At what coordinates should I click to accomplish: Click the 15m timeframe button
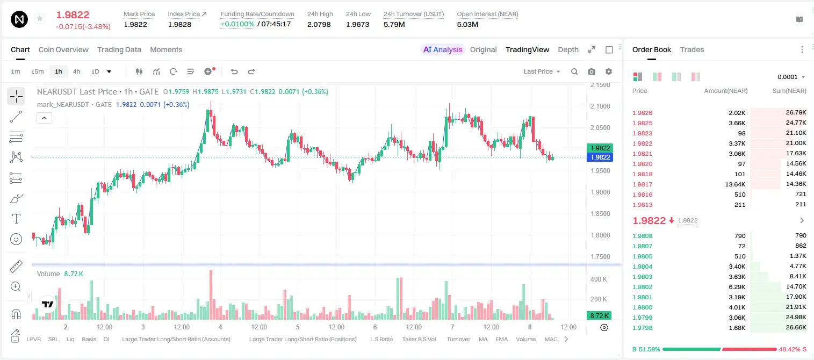pyautogui.click(x=38, y=71)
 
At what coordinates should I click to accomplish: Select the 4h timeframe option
pyautogui.click(x=76, y=71)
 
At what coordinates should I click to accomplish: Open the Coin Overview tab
pyautogui.click(x=63, y=49)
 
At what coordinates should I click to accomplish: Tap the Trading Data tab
pyautogui.click(x=119, y=49)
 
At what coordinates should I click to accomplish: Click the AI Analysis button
pyautogui.click(x=443, y=49)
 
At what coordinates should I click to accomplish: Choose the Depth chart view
pyautogui.click(x=568, y=49)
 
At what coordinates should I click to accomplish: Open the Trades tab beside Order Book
pyautogui.click(x=692, y=49)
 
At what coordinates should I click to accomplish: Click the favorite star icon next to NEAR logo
pyautogui.click(x=40, y=18)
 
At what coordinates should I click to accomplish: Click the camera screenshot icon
pyautogui.click(x=592, y=71)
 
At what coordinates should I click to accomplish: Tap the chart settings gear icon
pyautogui.click(x=609, y=71)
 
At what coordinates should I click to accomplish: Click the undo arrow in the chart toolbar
pyautogui.click(x=234, y=71)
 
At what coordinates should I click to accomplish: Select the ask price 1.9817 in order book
pyautogui.click(x=642, y=184)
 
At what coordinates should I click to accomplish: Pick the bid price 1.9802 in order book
pyautogui.click(x=642, y=286)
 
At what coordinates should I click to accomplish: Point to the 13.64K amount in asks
pyautogui.click(x=735, y=184)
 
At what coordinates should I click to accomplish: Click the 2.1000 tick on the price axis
pyautogui.click(x=600, y=106)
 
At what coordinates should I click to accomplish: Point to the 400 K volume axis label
pyautogui.click(x=599, y=279)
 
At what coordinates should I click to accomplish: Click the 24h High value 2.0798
pyautogui.click(x=319, y=24)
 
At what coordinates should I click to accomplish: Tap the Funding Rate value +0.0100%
pyautogui.click(x=237, y=24)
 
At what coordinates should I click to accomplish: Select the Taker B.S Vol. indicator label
pyautogui.click(x=419, y=339)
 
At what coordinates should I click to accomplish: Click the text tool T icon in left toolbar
pyautogui.click(x=16, y=219)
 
